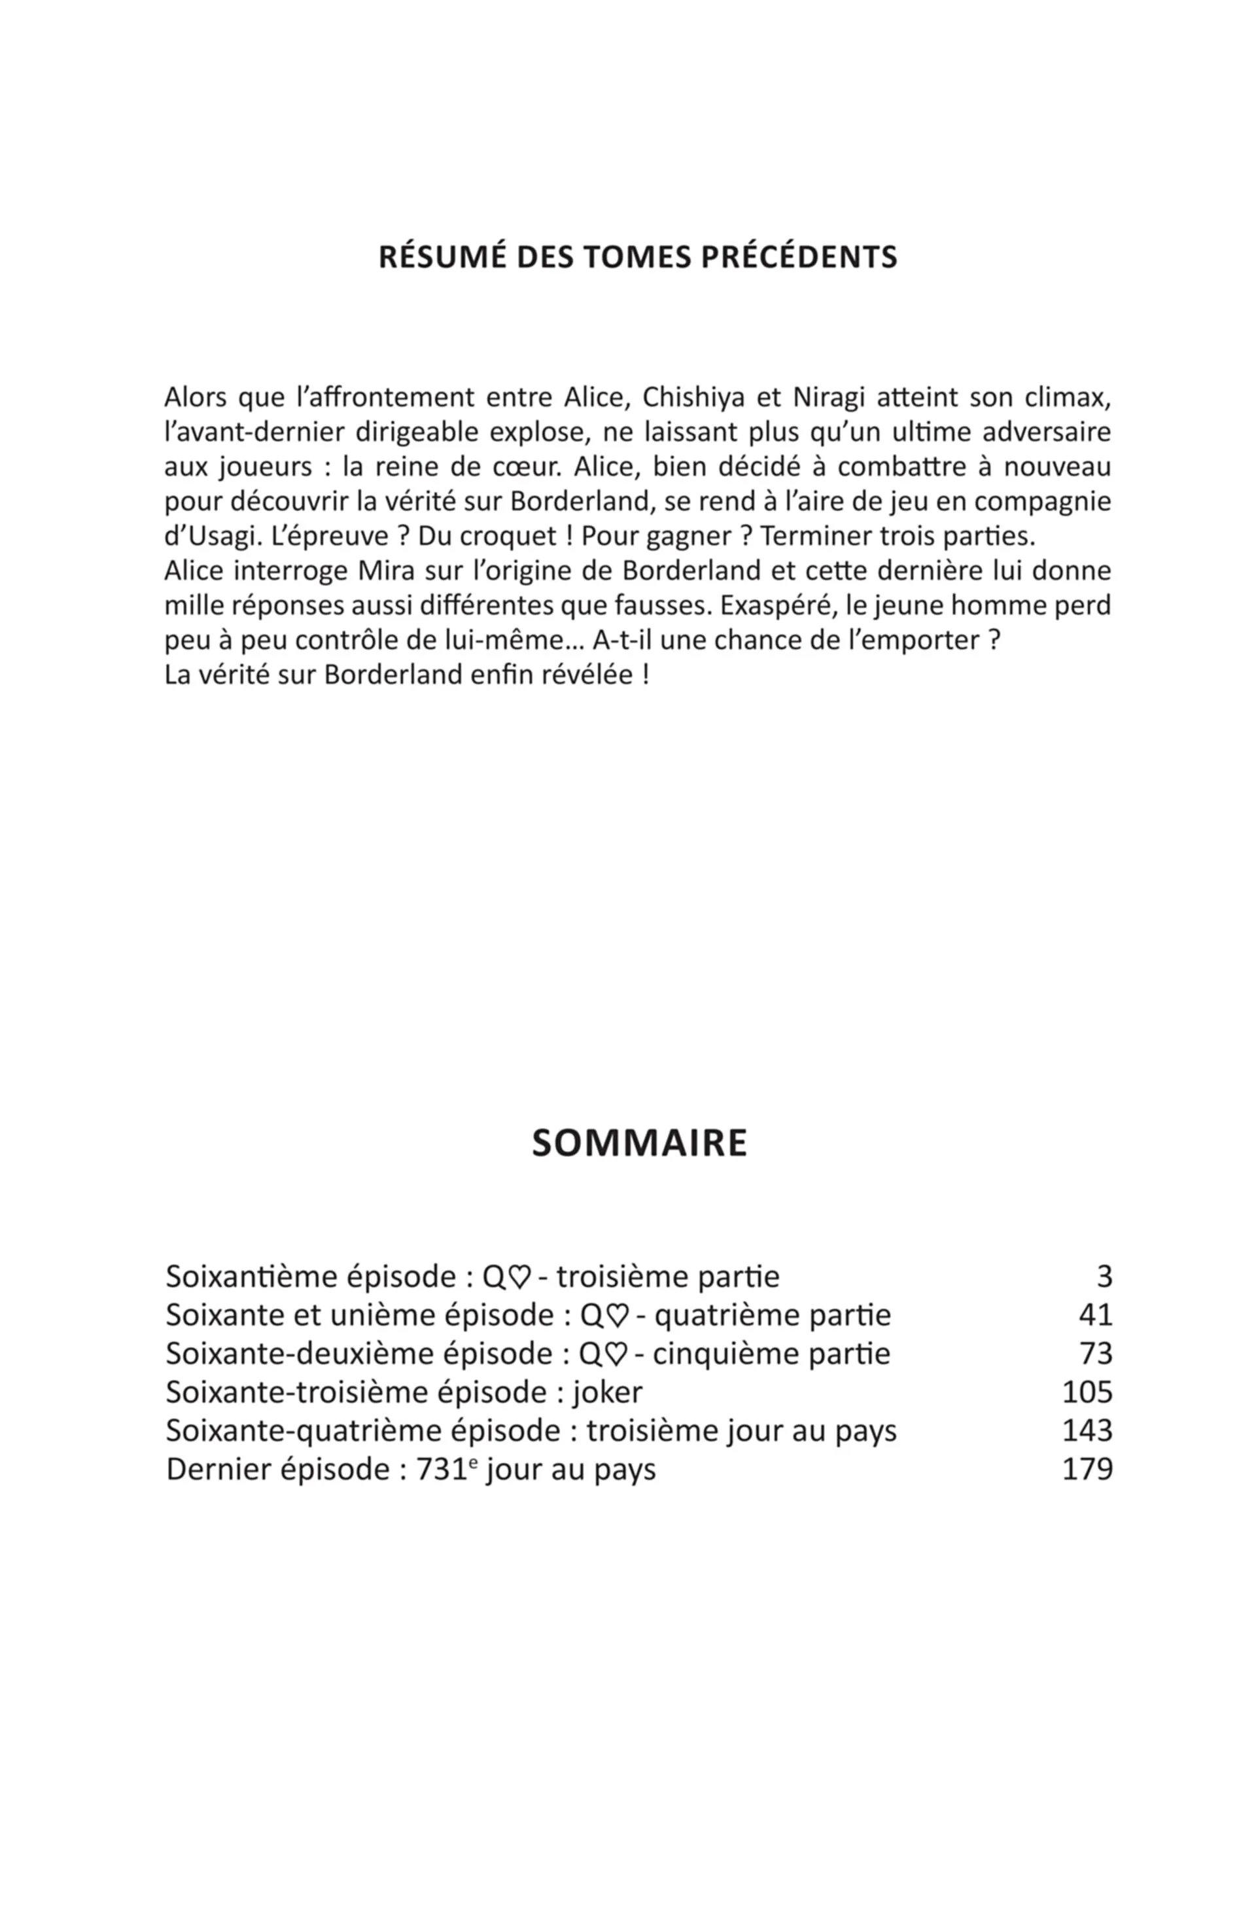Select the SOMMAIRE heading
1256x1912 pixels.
639,1142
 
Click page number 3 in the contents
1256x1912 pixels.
1104,1277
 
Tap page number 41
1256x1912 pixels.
1095,1315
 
